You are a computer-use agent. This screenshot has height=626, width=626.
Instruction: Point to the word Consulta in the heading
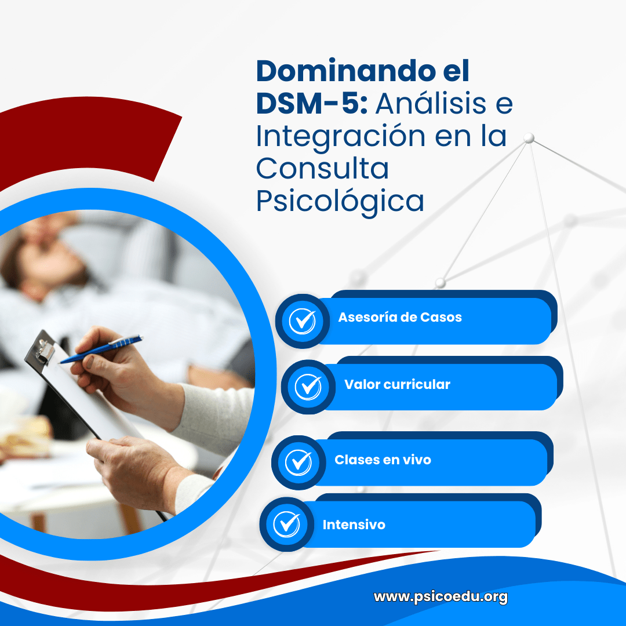click(322, 169)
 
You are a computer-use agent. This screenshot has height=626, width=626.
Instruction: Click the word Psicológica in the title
click(340, 201)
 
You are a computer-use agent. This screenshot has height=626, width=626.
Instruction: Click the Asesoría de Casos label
click(400, 317)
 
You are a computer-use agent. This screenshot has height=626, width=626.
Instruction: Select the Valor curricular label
click(397, 384)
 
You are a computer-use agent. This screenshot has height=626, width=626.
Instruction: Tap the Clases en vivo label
click(383, 460)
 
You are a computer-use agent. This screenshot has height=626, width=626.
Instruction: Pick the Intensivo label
click(354, 525)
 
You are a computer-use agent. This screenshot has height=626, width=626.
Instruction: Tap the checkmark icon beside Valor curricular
click(308, 387)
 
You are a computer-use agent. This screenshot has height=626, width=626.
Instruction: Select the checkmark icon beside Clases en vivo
click(299, 462)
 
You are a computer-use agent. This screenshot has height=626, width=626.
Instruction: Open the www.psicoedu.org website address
click(441, 596)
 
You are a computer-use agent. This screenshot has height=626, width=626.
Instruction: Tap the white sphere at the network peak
click(529, 138)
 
